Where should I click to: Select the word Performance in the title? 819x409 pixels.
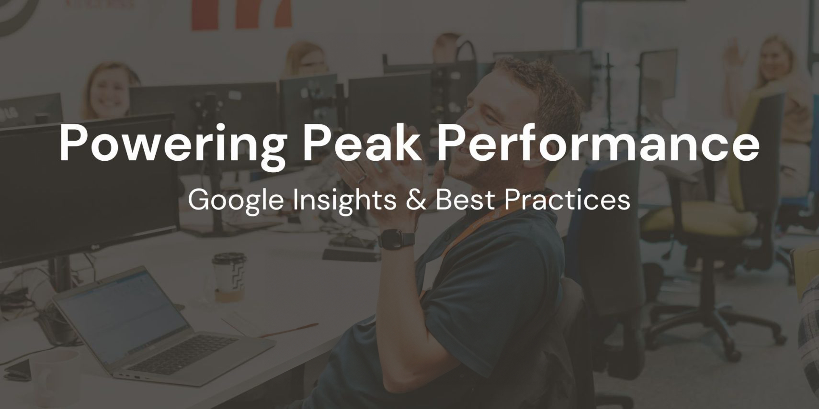coord(598,143)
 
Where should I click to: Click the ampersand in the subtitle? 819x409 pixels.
coord(416,200)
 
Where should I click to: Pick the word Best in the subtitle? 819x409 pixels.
coord(463,200)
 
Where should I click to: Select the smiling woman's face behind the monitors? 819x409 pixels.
coord(108,92)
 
